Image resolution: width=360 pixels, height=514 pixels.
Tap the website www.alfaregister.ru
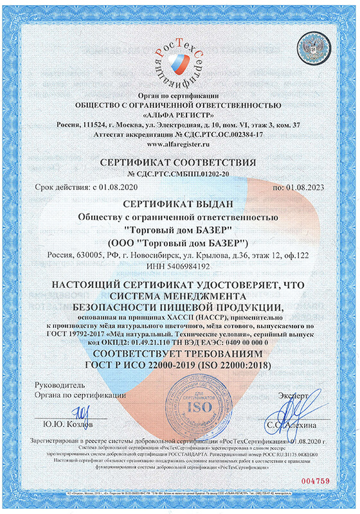click(179, 145)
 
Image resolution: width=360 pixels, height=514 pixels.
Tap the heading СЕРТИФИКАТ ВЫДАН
click(179, 205)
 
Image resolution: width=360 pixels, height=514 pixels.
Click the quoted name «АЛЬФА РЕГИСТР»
click(179, 114)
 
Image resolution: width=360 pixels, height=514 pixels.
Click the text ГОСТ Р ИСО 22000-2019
click(138, 365)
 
